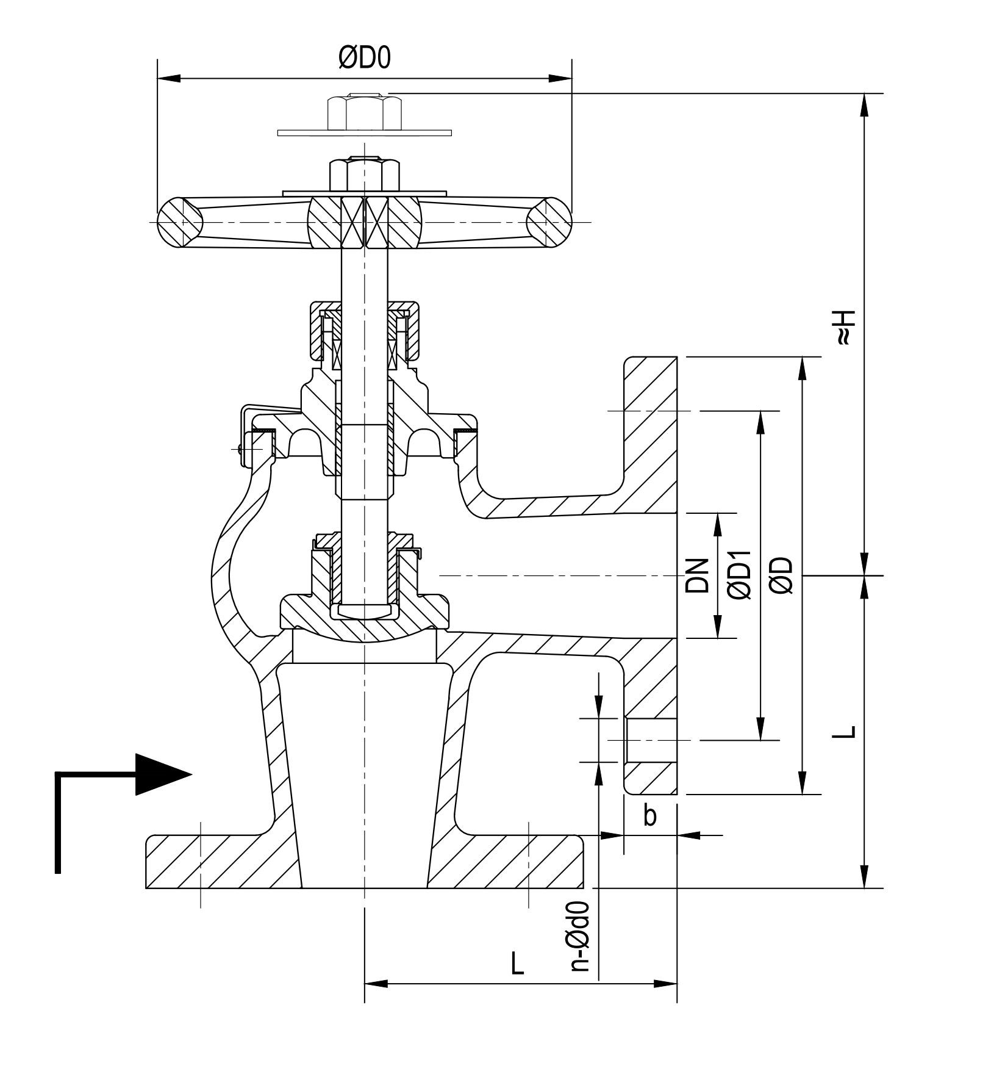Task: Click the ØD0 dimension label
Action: coord(364,58)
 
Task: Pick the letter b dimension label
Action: coord(650,815)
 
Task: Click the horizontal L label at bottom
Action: coord(517,964)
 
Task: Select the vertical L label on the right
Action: coord(845,732)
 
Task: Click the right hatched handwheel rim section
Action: coord(549,222)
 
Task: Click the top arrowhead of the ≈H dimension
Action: coord(864,104)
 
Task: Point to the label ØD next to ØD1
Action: coord(782,575)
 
